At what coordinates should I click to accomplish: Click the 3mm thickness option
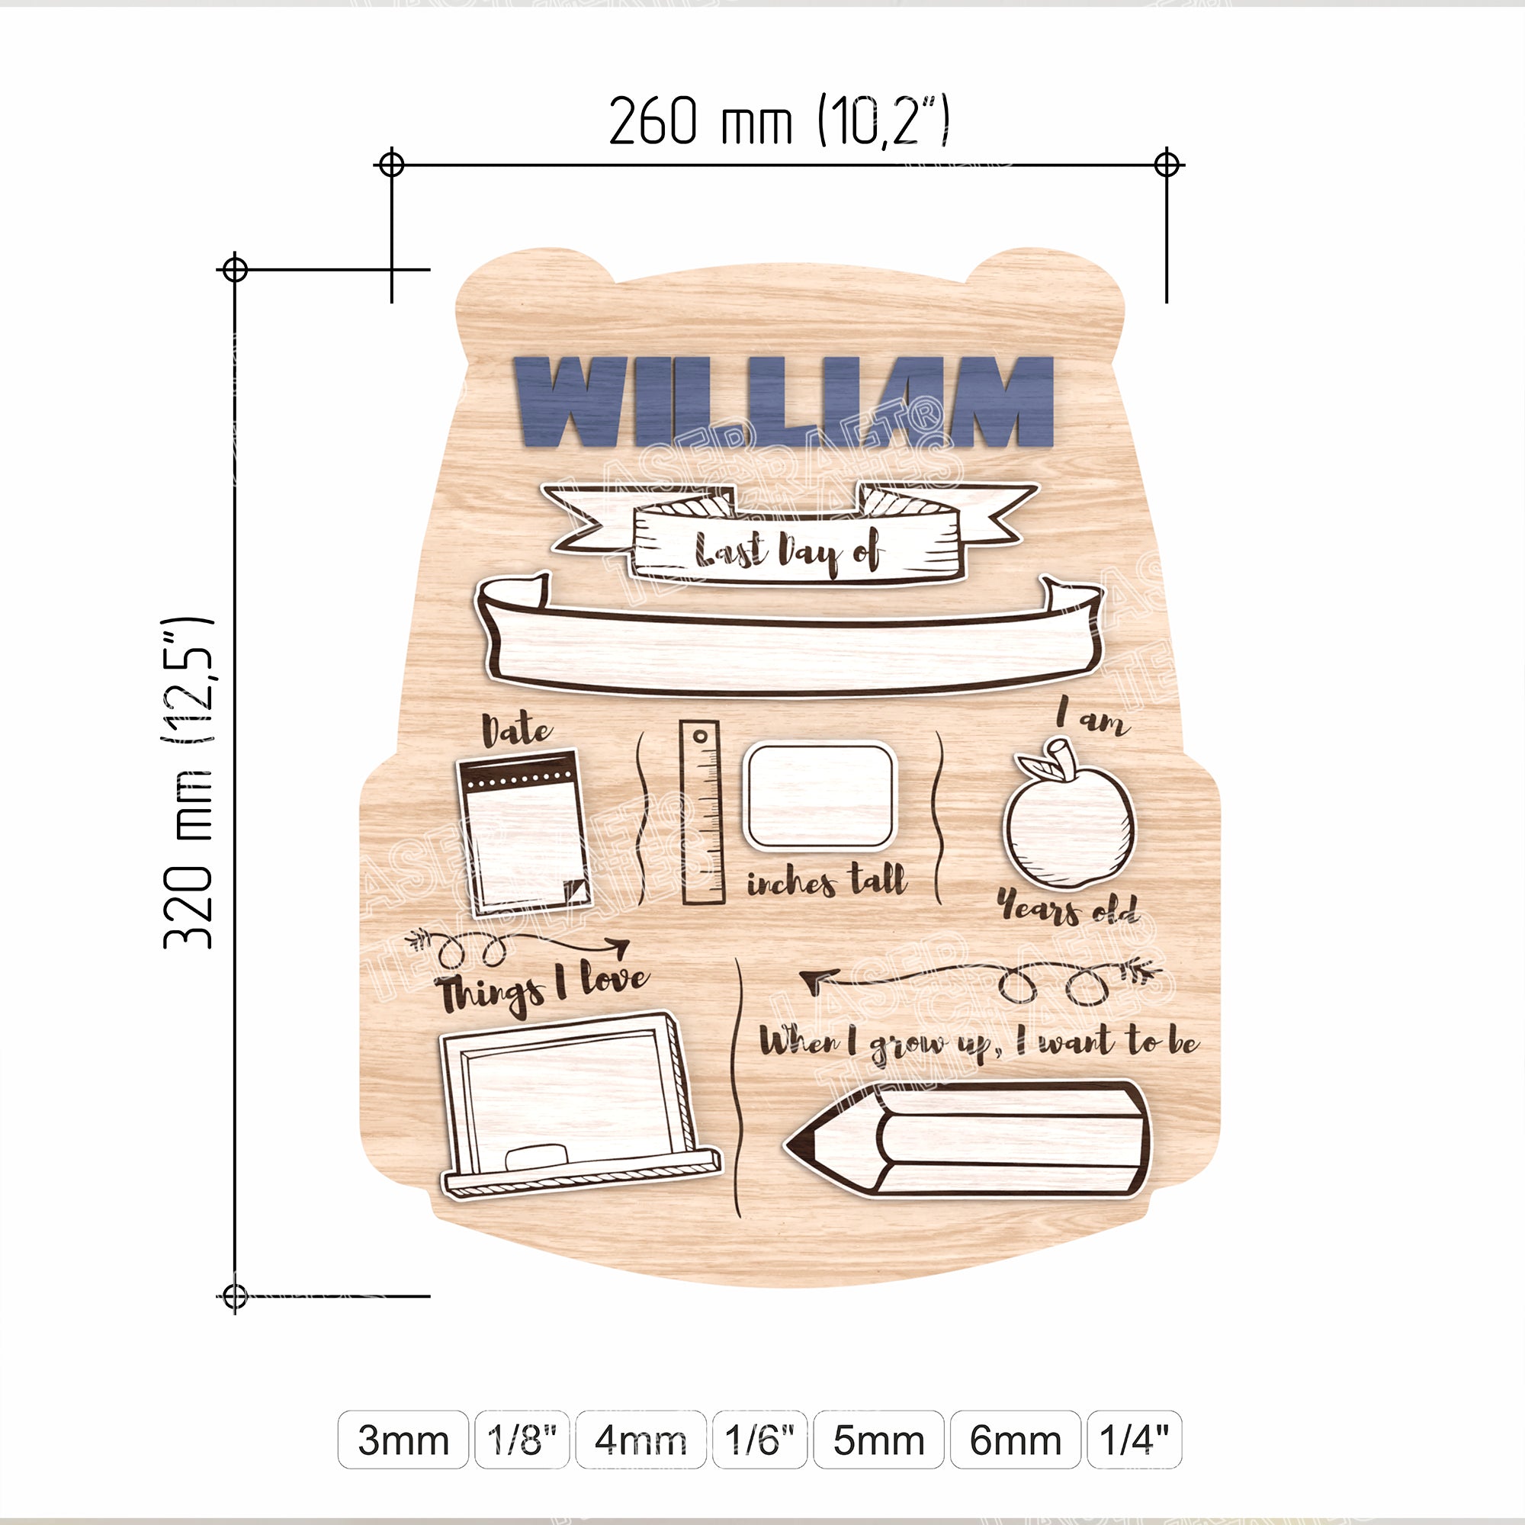coord(403,1440)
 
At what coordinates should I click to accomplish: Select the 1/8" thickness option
coord(522,1440)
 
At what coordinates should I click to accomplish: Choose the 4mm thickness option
coord(640,1440)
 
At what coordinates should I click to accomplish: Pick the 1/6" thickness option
coord(759,1440)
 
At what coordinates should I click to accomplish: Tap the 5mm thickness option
coord(878,1440)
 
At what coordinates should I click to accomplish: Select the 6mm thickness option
coord(1015,1440)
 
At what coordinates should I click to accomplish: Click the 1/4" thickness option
coord(1135,1440)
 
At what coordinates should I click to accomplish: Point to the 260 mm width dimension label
coord(779,120)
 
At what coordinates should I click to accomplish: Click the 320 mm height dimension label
coord(188,782)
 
